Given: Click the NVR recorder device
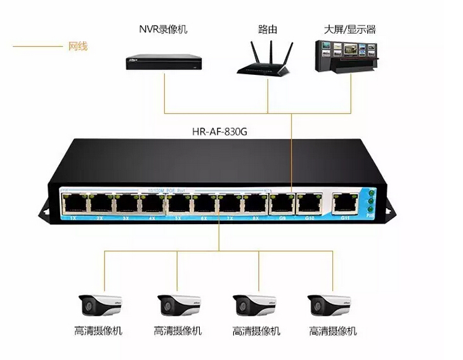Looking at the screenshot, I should pos(164,60).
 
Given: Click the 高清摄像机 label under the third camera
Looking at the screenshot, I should pos(256,331).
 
